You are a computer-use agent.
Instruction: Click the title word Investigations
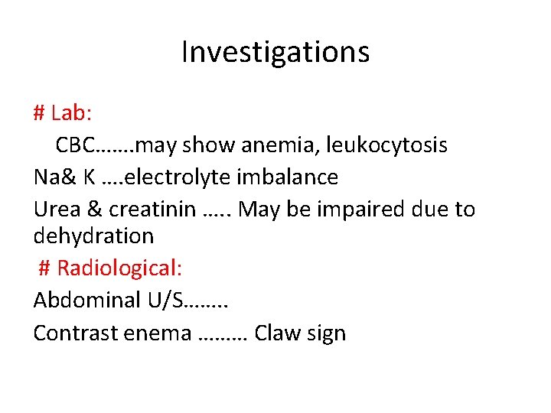(x=275, y=52)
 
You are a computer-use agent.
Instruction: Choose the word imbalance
(x=288, y=177)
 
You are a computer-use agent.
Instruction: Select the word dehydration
(x=93, y=236)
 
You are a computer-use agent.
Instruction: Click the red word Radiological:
(x=119, y=269)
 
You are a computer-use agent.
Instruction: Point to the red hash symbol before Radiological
(x=44, y=269)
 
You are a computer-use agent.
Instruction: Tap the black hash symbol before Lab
(x=40, y=113)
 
